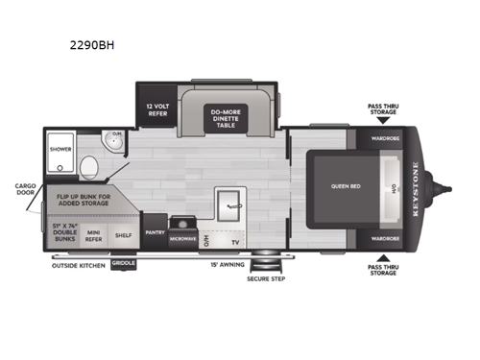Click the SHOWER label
tap(61, 150)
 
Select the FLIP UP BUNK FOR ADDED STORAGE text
tap(77, 200)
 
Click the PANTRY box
tap(155, 232)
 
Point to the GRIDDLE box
tap(124, 261)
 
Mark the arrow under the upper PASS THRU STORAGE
tap(381, 123)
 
